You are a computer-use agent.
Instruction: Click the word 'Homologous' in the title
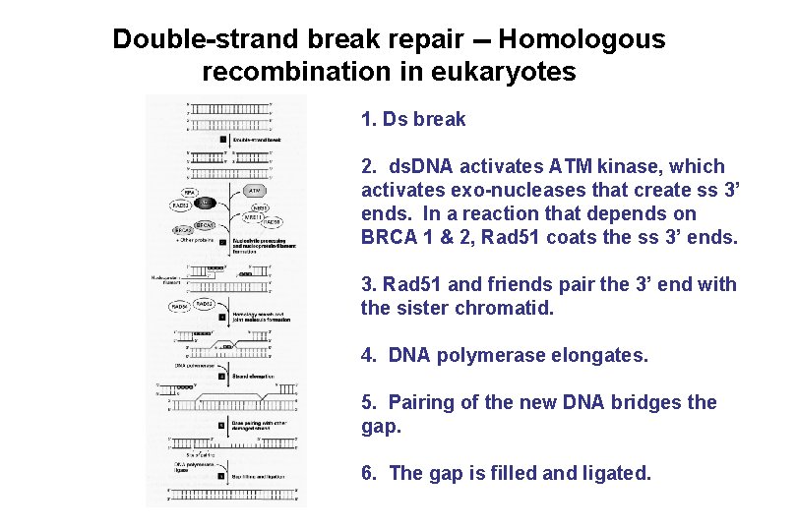coord(582,39)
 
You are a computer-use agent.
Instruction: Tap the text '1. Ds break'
coord(413,120)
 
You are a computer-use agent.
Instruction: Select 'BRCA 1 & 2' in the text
coord(417,237)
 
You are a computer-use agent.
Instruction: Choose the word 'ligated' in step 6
coord(612,473)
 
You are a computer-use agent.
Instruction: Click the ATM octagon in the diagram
coord(254,190)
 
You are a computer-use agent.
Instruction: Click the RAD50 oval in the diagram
coord(271,223)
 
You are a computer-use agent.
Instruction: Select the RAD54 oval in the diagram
coord(180,306)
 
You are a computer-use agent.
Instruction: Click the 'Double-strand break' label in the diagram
coord(257,141)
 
